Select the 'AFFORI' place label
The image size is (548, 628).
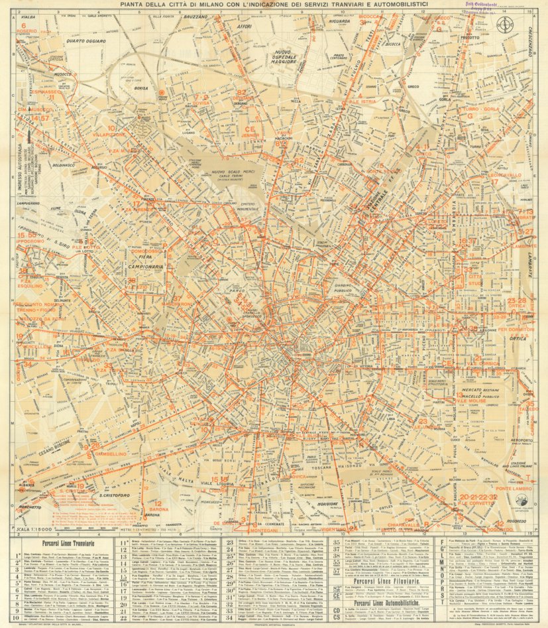(x=245, y=27)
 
